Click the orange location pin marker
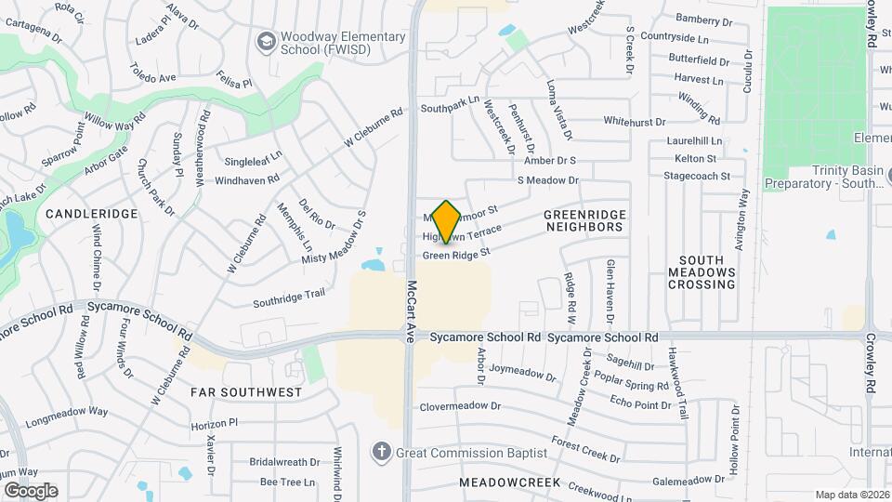[x=447, y=221]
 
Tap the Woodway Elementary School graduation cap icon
[x=267, y=42]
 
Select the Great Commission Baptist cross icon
[x=380, y=453]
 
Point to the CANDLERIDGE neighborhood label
[x=91, y=214]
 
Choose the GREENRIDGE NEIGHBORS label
[x=584, y=220]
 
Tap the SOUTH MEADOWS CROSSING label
[x=702, y=272]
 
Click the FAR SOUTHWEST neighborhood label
[x=246, y=392]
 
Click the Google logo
[x=31, y=491]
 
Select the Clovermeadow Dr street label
[x=460, y=406]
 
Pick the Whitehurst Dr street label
[x=635, y=121]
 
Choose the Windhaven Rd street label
[x=247, y=178]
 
